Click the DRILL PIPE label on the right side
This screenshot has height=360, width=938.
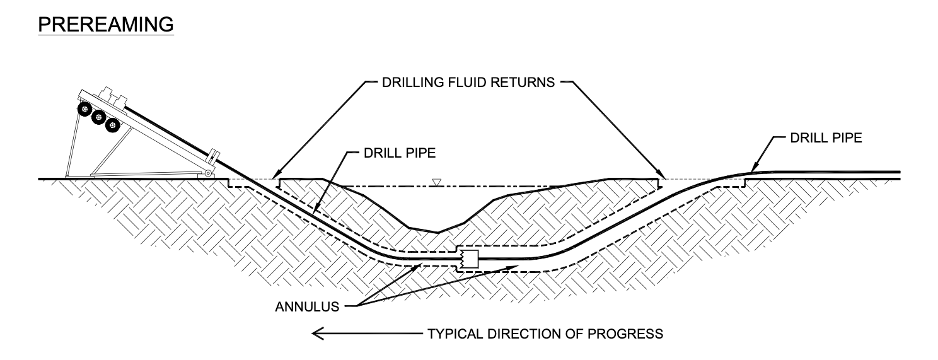[826, 138]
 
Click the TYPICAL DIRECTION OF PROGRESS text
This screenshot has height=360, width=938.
[545, 334]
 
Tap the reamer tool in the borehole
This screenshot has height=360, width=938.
[470, 258]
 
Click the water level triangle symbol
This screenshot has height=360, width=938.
[435, 183]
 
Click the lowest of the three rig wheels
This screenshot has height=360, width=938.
[113, 126]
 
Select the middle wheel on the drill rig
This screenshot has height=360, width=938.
[98, 118]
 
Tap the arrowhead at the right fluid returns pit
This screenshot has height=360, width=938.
[661, 177]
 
